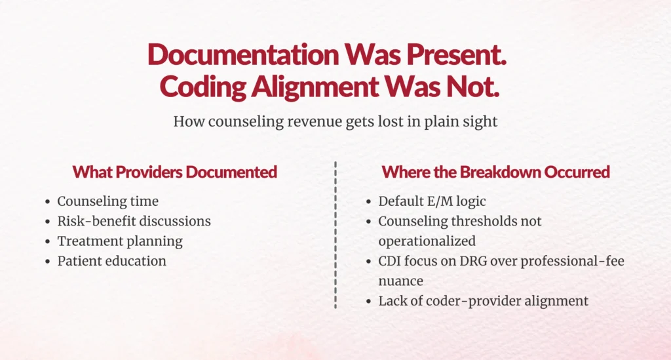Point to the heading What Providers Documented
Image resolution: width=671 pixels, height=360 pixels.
175,172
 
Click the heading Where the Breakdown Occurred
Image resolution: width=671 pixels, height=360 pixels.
495,172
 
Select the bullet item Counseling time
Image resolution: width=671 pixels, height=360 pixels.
107,201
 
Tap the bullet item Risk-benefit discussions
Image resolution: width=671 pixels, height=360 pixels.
134,221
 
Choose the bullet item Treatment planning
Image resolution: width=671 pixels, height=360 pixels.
120,241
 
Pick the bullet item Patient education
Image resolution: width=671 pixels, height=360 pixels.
111,261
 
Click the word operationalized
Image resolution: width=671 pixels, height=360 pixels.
427,241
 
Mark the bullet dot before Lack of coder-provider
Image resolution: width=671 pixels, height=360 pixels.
368,302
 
